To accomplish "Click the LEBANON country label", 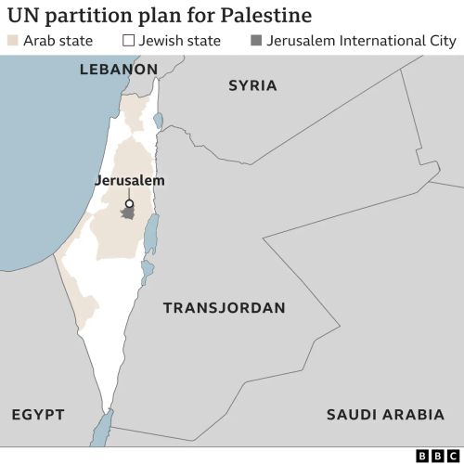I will click(x=118, y=70).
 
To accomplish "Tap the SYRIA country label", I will click(x=252, y=85).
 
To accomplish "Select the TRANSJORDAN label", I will click(x=224, y=307).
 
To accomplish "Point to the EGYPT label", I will click(x=37, y=414).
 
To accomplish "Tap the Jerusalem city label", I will click(x=129, y=180).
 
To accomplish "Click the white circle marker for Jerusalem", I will click(x=129, y=204).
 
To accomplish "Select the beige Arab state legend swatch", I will click(x=12, y=41).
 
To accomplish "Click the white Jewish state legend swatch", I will click(x=128, y=41).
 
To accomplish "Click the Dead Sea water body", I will click(x=150, y=232).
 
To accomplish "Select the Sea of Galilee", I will click(x=158, y=121).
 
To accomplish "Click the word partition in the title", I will click(x=89, y=16).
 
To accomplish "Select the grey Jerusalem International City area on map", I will click(x=128, y=213).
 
